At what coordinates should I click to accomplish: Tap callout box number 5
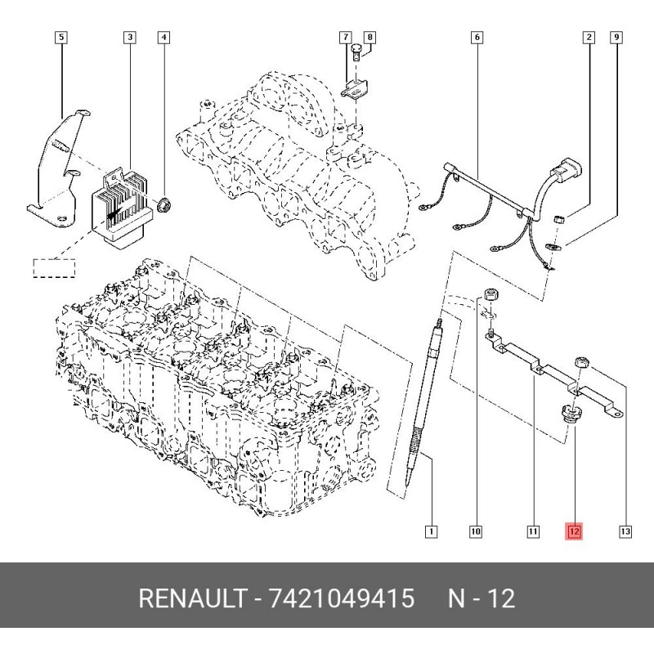[x=61, y=37]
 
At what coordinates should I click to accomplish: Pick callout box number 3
[x=129, y=37]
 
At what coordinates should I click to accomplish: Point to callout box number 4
[x=164, y=37]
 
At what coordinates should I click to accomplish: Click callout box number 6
[x=477, y=37]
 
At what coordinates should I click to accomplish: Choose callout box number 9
[x=616, y=37]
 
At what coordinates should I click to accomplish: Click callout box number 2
[x=588, y=37]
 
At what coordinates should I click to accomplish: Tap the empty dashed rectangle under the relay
[x=54, y=268]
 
